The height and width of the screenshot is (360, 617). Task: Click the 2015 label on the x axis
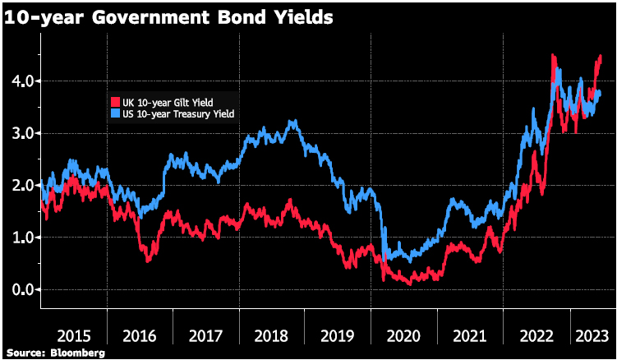pos(72,335)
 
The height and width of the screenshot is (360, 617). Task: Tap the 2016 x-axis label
pos(139,335)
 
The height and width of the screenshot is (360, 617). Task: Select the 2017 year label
pos(205,335)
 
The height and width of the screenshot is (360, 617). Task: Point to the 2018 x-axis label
pos(272,335)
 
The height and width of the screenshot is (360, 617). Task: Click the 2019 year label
pos(338,335)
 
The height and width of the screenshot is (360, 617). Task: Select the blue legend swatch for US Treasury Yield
pos(115,113)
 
